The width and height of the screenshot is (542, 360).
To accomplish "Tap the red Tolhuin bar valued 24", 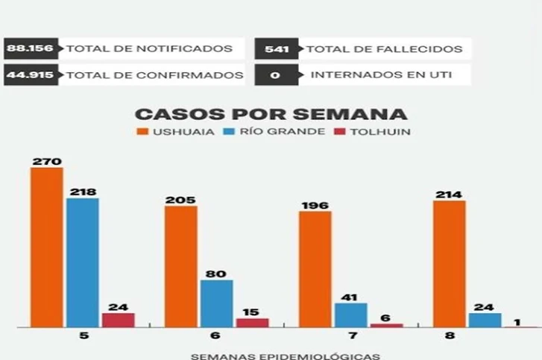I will pos(118,320).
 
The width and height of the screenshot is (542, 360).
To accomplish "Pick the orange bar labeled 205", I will pos(181,266).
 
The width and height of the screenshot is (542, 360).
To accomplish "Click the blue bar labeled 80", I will pos(216,303).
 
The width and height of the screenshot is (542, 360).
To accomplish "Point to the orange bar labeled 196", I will pos(315,269).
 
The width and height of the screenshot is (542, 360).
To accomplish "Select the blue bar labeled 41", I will pos(350,315).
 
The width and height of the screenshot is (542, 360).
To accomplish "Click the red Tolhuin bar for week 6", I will pos(252,323).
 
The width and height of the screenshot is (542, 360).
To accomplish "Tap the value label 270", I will pos(46,161).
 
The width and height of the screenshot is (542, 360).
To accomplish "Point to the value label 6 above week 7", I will pos(386,317).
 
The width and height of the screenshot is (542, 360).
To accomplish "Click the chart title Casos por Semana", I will pos(271,114).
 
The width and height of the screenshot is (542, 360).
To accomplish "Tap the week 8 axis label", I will pos(450,336).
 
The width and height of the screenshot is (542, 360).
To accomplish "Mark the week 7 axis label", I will pos(315,336).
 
